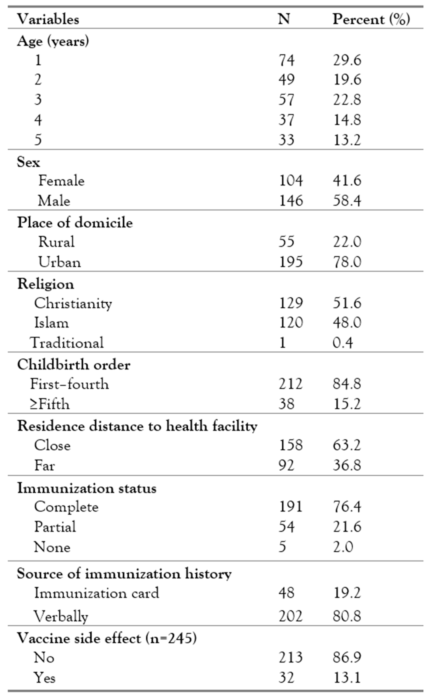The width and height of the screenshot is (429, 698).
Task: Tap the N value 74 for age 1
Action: [286, 60]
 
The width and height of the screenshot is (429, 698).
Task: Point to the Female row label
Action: [61, 181]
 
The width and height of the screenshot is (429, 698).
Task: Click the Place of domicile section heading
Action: [75, 223]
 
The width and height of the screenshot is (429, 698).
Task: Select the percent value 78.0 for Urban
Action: [347, 262]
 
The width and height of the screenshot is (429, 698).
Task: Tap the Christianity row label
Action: [73, 303]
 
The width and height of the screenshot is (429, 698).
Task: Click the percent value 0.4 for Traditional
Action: [343, 343]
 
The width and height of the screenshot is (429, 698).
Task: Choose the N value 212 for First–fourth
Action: [290, 384]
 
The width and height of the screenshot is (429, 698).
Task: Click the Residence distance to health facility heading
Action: [137, 426]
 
